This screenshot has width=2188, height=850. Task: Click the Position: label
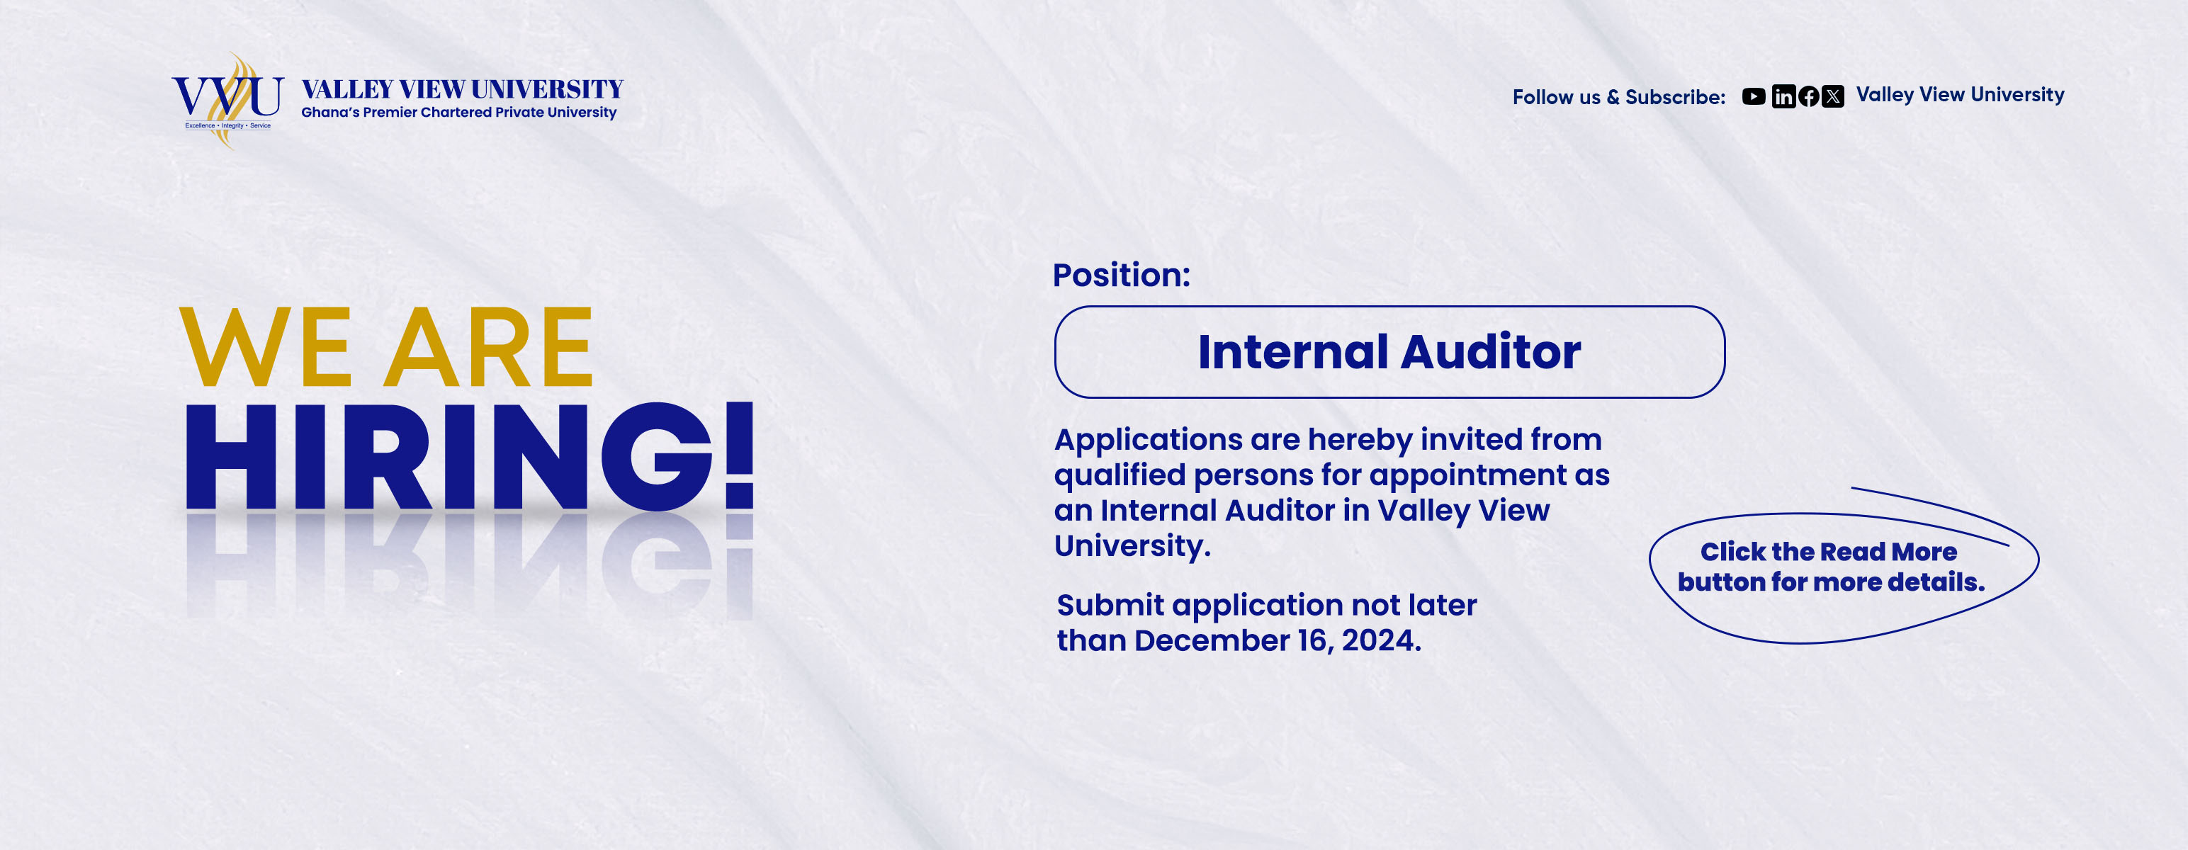[x=1121, y=275]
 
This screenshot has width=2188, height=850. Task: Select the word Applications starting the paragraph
[x=1149, y=441]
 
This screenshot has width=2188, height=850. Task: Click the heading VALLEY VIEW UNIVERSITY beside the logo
[x=462, y=89]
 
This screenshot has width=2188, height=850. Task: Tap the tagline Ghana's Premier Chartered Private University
[x=458, y=113]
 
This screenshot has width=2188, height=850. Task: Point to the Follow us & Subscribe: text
[x=1618, y=98]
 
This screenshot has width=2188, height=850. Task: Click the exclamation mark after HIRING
[x=739, y=455]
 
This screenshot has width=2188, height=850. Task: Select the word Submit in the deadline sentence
[x=1110, y=606]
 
